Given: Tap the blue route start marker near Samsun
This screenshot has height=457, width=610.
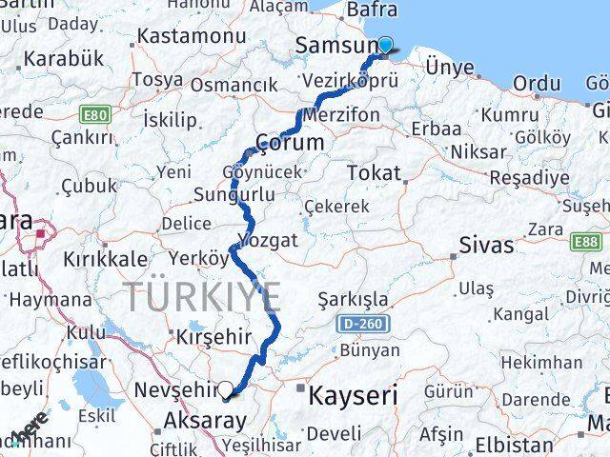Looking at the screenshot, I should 385,43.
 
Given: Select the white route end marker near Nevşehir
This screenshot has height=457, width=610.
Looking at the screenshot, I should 226,388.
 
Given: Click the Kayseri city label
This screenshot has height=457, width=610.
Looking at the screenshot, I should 352,393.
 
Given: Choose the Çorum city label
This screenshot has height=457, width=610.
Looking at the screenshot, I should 290,143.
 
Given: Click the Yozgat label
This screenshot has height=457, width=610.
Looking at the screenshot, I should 273,238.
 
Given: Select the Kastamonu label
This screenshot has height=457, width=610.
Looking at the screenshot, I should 192,36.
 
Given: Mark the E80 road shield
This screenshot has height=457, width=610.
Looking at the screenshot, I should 93,116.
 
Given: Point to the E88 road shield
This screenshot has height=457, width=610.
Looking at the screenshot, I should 586,243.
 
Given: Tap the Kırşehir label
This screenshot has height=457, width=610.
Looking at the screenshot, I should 213,337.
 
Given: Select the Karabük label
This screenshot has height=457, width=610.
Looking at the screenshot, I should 65,59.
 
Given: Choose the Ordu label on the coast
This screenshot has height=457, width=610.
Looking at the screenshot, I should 537,84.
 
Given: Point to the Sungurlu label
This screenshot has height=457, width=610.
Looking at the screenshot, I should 234,195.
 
